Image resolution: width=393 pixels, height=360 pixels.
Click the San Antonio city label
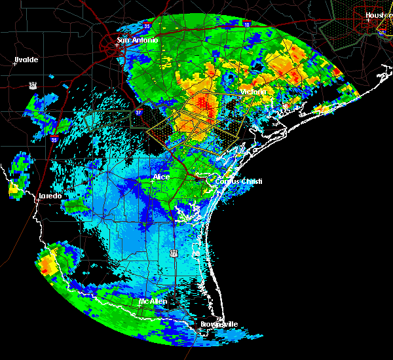138,41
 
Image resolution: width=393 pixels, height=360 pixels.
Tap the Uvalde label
26,60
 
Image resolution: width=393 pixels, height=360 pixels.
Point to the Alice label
161,177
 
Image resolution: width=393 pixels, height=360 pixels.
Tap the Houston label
379,14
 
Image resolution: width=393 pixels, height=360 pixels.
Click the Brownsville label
219,324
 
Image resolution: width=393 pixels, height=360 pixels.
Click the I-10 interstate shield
246,24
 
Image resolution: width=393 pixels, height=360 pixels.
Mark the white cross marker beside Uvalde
14,63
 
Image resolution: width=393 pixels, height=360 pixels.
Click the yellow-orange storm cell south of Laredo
47,265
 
